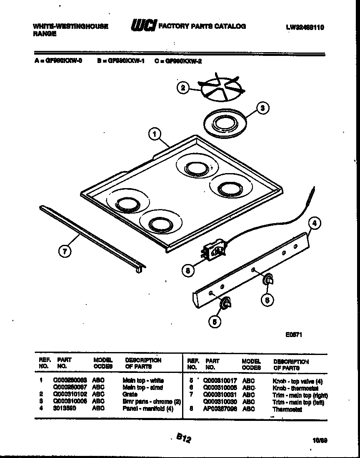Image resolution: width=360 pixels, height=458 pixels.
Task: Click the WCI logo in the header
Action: point(143,26)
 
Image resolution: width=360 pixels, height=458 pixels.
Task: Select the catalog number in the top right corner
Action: point(305,27)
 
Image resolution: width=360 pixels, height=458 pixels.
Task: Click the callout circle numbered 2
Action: point(182,88)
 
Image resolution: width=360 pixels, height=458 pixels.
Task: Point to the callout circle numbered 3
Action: point(261,108)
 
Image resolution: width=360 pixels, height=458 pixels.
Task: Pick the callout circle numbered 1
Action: point(155,134)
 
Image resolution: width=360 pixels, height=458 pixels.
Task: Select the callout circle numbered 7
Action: point(65,251)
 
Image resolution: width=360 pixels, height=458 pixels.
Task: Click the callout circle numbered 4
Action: point(315,223)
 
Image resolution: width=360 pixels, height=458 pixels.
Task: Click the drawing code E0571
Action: point(293,334)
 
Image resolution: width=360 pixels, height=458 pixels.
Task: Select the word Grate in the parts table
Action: point(130,394)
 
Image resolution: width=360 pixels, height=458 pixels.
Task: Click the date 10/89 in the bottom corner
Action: point(319,440)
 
